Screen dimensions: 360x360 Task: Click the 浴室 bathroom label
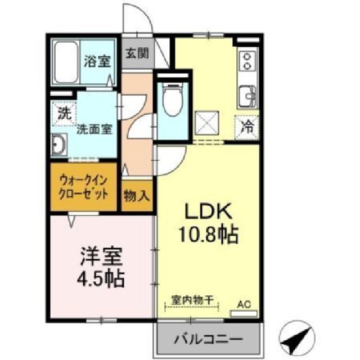coord(97,61)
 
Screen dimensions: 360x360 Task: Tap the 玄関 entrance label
coord(137,54)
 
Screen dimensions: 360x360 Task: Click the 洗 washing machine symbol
coord(65,112)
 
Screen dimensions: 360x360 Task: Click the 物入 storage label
coord(137,196)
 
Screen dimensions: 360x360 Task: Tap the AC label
coord(243,304)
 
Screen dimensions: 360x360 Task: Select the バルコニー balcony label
coord(208,340)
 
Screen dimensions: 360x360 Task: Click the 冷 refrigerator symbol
coord(247,125)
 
